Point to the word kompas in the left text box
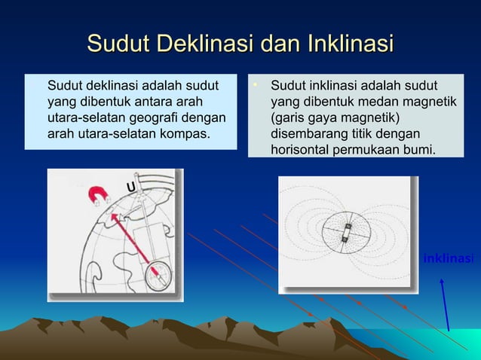185,135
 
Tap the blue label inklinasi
448,259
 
